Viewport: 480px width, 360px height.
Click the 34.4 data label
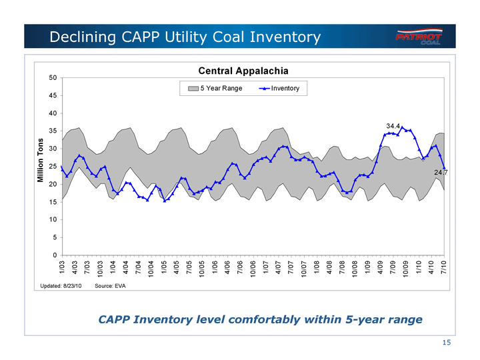click(x=393, y=125)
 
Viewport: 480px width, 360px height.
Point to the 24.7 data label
click(x=441, y=173)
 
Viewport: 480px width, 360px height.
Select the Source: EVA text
click(x=110, y=286)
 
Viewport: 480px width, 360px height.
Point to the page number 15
click(x=447, y=343)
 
